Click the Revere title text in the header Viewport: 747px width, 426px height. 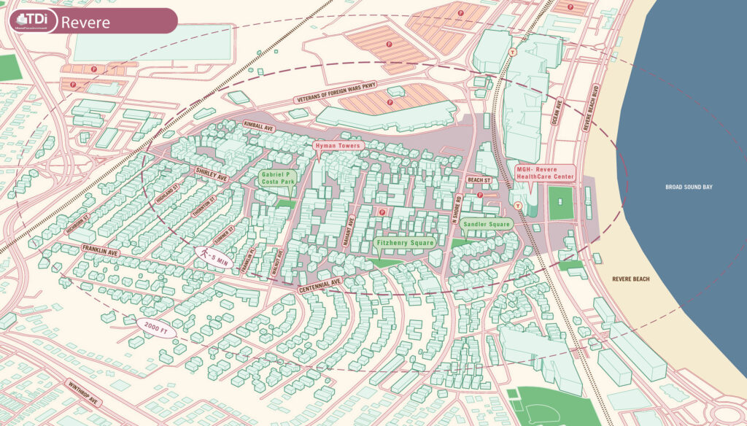[85, 22]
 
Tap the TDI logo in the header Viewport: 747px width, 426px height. [32, 21]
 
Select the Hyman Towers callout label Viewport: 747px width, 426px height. [338, 147]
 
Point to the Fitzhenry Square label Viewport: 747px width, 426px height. [404, 242]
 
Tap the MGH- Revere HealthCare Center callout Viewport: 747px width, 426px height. [544, 172]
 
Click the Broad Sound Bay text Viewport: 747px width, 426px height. [689, 187]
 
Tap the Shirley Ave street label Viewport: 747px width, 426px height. [212, 174]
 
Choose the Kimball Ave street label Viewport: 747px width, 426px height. [259, 127]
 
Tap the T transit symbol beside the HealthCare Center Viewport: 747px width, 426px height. [516, 206]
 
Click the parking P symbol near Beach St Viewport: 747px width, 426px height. [479, 195]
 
